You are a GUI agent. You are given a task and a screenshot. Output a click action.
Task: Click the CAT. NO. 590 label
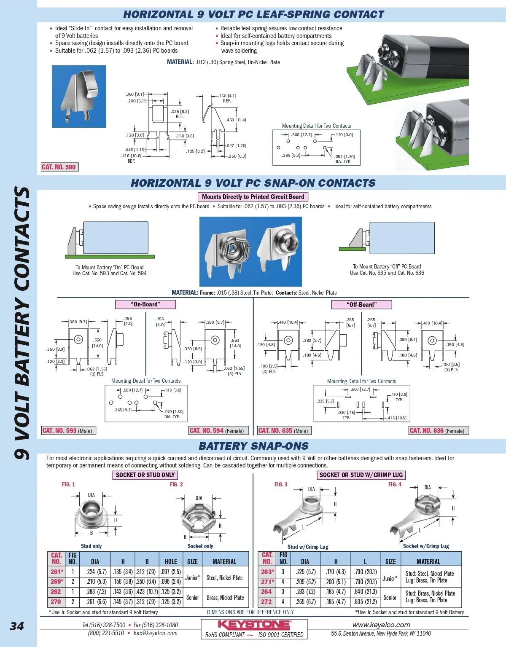(59, 167)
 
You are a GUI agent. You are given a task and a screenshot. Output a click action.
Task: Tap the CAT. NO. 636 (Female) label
(439, 430)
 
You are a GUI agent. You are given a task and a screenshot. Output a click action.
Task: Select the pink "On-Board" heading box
(145, 304)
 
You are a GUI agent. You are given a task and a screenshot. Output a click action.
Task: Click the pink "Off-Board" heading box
(361, 304)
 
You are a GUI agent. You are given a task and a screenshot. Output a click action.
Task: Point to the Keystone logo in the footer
(254, 625)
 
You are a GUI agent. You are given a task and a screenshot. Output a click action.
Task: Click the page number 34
(17, 626)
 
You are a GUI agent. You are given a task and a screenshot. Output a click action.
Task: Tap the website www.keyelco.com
(381, 625)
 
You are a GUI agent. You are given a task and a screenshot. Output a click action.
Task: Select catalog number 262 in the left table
(56, 591)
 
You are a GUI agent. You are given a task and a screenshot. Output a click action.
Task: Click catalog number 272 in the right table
(266, 601)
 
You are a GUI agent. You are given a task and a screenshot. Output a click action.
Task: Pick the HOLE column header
(171, 561)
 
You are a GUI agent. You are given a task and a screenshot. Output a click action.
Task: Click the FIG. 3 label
(281, 484)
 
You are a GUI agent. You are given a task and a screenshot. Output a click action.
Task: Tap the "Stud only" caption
(92, 546)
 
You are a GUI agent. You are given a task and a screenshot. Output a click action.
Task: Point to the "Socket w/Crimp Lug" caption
(426, 546)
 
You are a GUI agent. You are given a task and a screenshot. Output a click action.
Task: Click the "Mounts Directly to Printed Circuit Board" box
(253, 197)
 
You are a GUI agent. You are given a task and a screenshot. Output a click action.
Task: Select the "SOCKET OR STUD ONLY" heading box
(145, 475)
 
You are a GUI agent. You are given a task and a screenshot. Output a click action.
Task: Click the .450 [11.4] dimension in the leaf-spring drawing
(236, 120)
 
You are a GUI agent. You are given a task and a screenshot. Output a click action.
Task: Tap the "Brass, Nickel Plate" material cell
(225, 597)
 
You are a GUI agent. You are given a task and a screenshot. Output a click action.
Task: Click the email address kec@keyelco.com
(156, 633)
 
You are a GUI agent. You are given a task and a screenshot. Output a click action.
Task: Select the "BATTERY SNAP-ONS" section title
(253, 446)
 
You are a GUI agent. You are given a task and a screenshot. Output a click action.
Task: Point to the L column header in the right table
(365, 561)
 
